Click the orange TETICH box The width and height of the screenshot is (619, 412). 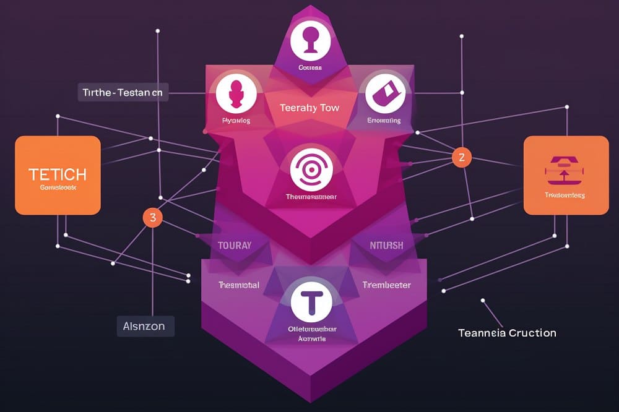(x=58, y=175)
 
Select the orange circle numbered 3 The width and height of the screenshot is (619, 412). (x=152, y=217)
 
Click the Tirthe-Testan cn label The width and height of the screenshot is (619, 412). (x=123, y=93)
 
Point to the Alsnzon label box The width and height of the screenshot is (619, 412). (x=145, y=326)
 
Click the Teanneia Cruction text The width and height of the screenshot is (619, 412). (x=507, y=333)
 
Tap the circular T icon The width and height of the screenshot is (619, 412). (x=311, y=301)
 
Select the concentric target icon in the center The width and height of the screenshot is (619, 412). (x=311, y=168)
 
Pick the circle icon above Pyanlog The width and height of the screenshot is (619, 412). (x=236, y=92)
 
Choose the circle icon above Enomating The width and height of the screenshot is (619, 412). (x=384, y=93)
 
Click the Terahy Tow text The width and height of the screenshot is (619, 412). (x=309, y=108)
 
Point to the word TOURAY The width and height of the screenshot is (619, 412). (x=235, y=246)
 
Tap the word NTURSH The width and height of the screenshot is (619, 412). (x=386, y=246)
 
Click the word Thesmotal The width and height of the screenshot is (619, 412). (x=238, y=285)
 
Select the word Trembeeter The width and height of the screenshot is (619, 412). (x=386, y=285)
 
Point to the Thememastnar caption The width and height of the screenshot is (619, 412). (x=311, y=197)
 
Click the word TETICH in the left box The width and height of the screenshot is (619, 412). (x=58, y=174)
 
